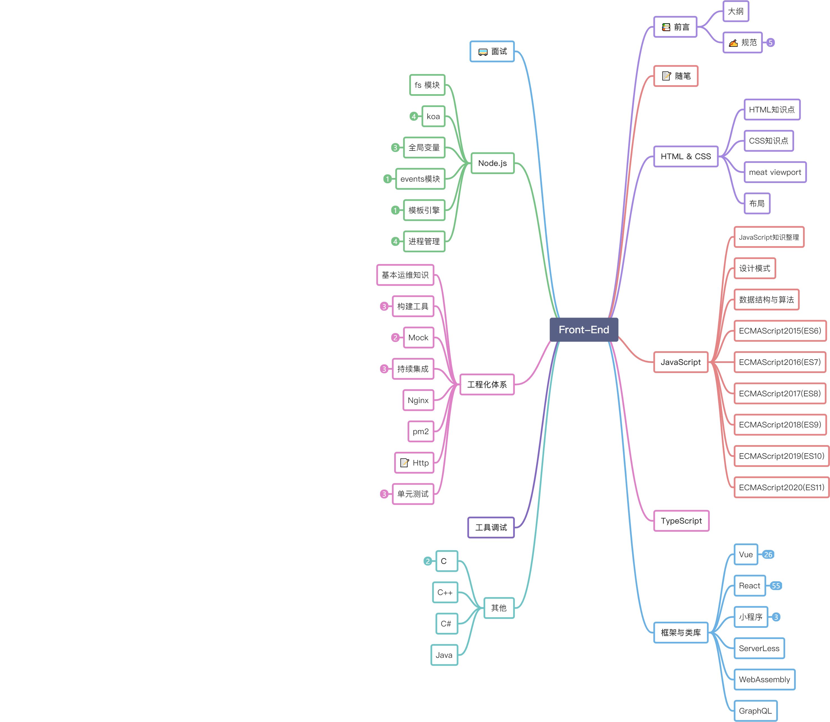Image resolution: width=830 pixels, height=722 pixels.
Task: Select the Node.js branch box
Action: [x=492, y=163]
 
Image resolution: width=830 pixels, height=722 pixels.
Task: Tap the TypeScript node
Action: [x=681, y=521]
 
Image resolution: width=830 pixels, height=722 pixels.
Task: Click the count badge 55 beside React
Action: [x=776, y=586]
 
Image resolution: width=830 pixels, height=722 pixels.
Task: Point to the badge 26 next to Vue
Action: [x=768, y=555]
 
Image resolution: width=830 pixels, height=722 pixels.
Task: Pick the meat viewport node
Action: [x=775, y=172]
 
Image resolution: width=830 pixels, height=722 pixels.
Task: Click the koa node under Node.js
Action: [x=433, y=116]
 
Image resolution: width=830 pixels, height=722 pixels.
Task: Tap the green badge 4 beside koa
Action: [x=413, y=116]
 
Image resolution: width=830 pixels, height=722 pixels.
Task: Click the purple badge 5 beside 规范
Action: [x=770, y=43]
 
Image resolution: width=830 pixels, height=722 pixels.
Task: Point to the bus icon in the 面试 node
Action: [x=483, y=52]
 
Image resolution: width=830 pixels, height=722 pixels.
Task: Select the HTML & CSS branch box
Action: [x=685, y=156]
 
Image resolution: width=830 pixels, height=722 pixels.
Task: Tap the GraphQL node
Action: [x=755, y=711]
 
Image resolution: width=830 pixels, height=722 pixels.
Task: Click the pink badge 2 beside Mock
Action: [x=395, y=338]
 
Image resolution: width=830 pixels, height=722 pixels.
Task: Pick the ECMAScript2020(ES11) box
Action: [x=781, y=487]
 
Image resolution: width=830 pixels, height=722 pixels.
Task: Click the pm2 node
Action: [x=420, y=432]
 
